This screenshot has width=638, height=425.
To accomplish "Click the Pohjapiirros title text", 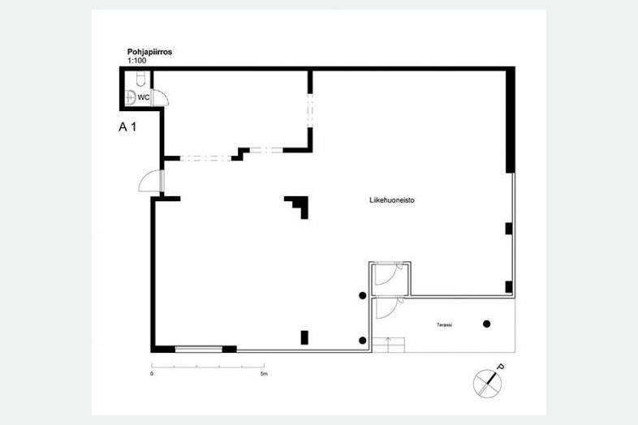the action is (149, 52).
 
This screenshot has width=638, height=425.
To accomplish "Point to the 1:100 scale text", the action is (136, 61).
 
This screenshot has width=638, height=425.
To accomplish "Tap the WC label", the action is (143, 97).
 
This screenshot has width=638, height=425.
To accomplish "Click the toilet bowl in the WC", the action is (140, 79).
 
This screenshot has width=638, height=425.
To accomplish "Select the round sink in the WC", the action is (130, 97).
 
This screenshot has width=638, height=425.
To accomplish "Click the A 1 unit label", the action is (127, 127).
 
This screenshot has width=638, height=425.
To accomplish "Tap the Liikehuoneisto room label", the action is (392, 200).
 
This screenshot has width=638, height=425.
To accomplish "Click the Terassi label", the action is (444, 325).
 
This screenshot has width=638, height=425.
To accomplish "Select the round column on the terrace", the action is (487, 324).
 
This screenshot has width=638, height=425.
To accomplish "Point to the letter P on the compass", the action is (501, 367).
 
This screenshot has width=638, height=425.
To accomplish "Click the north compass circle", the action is (487, 383).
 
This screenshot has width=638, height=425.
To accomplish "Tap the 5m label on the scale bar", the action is (264, 374).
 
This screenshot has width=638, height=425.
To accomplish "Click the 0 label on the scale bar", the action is (152, 374).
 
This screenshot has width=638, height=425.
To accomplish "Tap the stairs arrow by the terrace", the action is (388, 344).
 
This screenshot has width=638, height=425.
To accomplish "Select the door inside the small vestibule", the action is (388, 274).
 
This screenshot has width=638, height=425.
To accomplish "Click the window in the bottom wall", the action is (199, 349).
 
